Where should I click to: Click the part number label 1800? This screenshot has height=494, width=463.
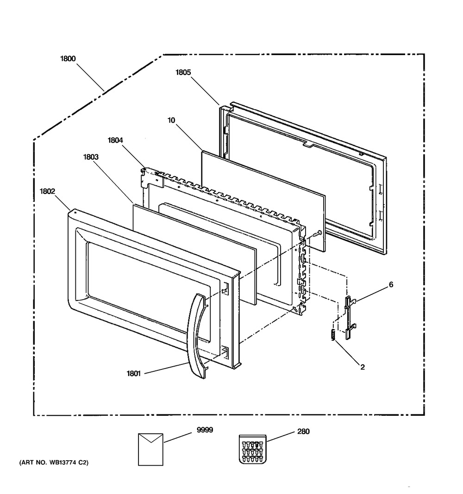[68, 59]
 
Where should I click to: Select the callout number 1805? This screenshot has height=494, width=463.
[183, 73]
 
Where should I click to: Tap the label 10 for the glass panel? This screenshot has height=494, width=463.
[171, 120]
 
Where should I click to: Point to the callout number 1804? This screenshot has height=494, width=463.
[115, 140]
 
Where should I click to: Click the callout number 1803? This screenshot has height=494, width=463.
[91, 157]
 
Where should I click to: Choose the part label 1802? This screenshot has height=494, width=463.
[47, 191]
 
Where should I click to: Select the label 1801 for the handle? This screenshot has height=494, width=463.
[133, 374]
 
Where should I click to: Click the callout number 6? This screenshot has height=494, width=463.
[391, 284]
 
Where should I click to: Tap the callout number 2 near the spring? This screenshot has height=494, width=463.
[363, 367]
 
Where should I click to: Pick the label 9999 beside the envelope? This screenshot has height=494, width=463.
[205, 430]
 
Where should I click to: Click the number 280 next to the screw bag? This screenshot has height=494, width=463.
[303, 431]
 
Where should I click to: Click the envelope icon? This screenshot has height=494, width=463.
[150, 450]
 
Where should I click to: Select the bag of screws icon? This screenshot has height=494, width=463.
[253, 449]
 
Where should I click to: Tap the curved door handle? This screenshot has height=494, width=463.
[198, 336]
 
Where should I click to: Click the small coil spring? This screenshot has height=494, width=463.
[332, 334]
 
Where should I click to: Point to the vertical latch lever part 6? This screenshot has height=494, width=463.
[350, 317]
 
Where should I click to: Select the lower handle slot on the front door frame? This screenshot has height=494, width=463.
[225, 351]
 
